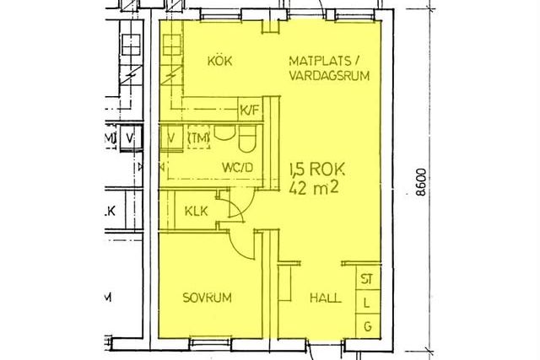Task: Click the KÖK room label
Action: click(x=219, y=61)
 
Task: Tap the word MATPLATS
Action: click(x=320, y=61)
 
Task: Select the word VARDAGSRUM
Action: click(x=329, y=76)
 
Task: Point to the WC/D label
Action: click(x=238, y=168)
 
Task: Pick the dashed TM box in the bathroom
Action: click(x=199, y=137)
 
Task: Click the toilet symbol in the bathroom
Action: click(x=247, y=138)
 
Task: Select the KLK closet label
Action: click(x=197, y=211)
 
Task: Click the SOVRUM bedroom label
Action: click(x=207, y=298)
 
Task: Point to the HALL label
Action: click(x=326, y=298)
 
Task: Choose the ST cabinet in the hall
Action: click(x=368, y=278)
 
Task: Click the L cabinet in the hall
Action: click(x=368, y=303)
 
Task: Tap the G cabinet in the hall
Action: click(x=368, y=326)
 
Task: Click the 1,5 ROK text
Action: click(x=317, y=169)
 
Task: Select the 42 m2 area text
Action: click(x=314, y=187)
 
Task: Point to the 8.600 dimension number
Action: click(x=421, y=182)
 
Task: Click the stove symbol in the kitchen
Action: click(x=171, y=45)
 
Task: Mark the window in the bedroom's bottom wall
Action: click(x=210, y=343)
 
